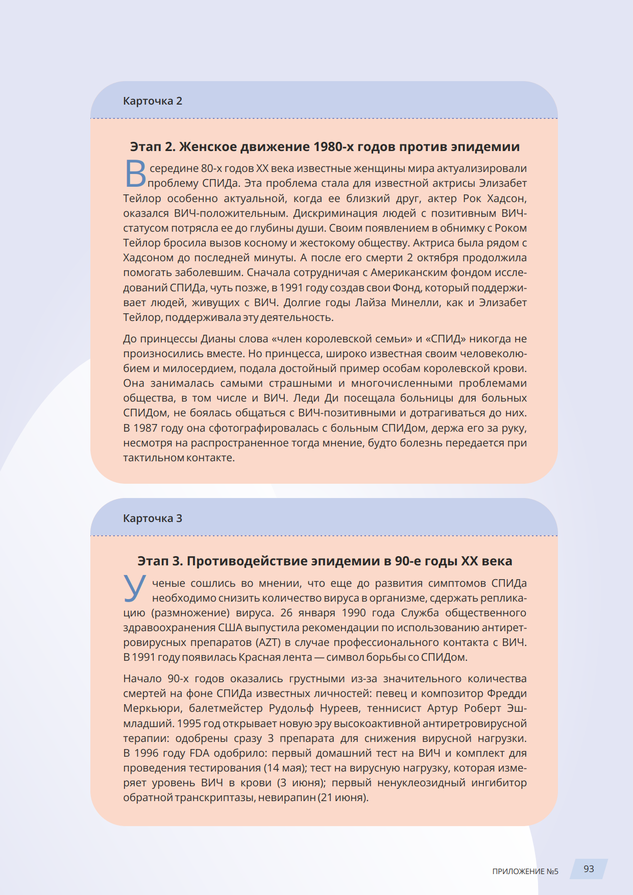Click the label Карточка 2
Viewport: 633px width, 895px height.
[x=152, y=101]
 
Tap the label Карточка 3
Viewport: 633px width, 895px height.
[x=152, y=518]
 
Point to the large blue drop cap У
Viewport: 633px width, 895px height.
[x=134, y=588]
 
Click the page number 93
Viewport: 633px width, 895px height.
[x=589, y=869]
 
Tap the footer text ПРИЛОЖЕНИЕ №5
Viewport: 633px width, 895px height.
[x=525, y=872]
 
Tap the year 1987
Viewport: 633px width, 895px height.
[x=145, y=428]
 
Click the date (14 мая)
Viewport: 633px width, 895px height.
[x=283, y=768]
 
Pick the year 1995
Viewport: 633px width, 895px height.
[x=188, y=724]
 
